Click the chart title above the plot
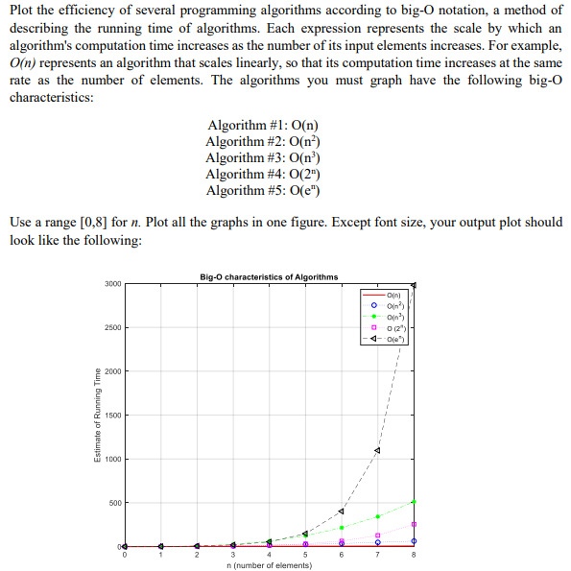[x=269, y=277]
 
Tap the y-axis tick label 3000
[x=113, y=284]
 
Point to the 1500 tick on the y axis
[x=113, y=415]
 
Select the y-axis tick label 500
[x=113, y=502]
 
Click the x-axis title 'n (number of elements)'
[x=269, y=566]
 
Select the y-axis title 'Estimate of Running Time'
[x=96, y=415]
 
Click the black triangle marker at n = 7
[x=378, y=450]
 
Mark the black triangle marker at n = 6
[x=342, y=511]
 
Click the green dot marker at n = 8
[x=414, y=501]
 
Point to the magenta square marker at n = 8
[x=414, y=524]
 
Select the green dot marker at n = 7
[x=378, y=516]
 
